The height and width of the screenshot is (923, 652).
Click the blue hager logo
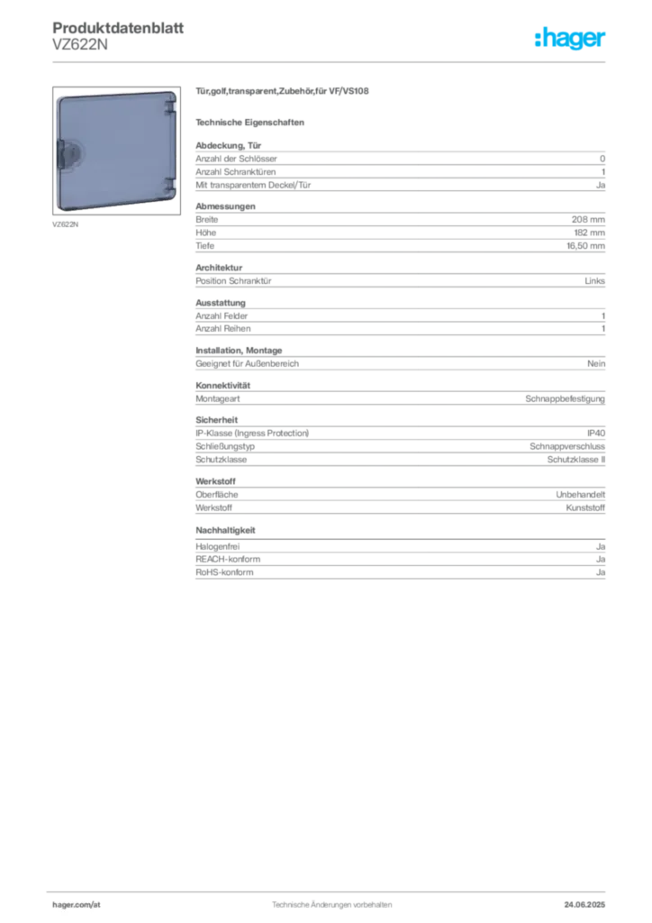coord(572,40)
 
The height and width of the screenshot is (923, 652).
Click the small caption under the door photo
coord(61,221)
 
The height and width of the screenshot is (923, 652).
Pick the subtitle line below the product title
coord(252,122)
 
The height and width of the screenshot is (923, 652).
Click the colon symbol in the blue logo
coord(537,41)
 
